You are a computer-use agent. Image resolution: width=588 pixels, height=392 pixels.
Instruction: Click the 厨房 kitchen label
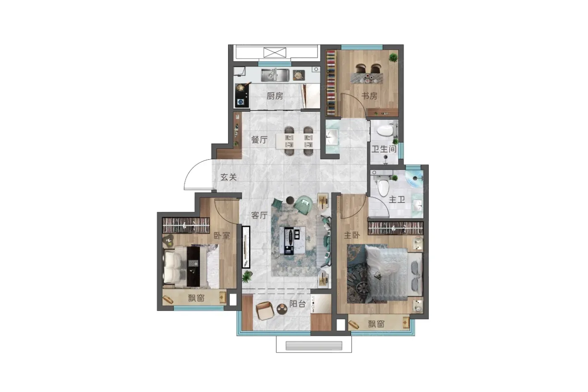[275, 96]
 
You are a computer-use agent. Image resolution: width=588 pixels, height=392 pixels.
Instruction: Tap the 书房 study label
[369, 96]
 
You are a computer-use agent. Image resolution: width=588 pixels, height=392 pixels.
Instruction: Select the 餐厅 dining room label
[260, 139]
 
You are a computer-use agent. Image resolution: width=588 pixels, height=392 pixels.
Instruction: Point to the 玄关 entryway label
[228, 177]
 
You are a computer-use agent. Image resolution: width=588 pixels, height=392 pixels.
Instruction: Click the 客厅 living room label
[260, 215]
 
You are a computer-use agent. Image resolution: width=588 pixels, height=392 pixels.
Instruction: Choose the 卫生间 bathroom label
[384, 149]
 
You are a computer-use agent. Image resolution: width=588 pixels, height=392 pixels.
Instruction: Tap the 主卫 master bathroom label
[396, 200]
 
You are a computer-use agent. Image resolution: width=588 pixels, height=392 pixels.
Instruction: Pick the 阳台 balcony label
[298, 304]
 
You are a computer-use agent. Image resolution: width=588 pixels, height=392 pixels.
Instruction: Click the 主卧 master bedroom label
[352, 235]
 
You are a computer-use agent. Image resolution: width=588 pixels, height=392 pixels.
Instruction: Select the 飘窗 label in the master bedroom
[376, 324]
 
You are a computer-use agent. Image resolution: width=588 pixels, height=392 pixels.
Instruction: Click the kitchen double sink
[275, 75]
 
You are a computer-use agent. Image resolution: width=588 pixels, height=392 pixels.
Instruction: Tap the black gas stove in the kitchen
[242, 95]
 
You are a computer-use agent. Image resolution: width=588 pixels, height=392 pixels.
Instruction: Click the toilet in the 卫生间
[385, 131]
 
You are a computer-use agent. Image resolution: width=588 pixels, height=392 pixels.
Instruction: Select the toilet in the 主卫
[383, 188]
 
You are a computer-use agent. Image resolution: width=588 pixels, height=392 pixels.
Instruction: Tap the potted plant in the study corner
[393, 57]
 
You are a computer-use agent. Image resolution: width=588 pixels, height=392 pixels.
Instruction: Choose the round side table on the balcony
[282, 309]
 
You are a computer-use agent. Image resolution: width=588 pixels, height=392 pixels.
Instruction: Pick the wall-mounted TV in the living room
[246, 247]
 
